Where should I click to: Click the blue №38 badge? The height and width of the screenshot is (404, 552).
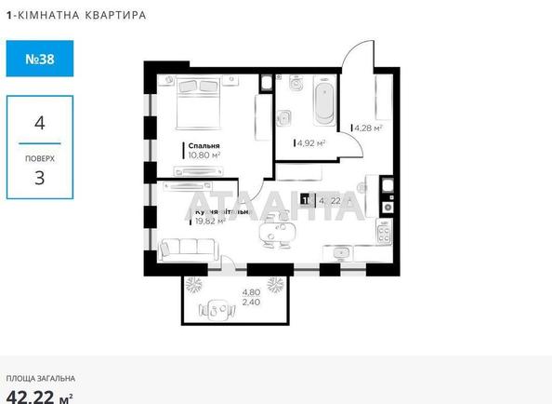pyautogui.click(x=38, y=59)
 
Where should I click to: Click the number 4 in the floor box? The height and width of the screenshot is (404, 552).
pyautogui.click(x=39, y=122)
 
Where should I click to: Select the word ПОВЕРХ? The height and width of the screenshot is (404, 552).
pyautogui.click(x=39, y=158)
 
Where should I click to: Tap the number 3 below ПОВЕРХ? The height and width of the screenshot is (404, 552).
pyautogui.click(x=39, y=178)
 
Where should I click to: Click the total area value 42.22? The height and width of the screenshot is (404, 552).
pyautogui.click(x=30, y=397)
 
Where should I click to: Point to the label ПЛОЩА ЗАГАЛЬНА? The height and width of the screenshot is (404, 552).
pyautogui.click(x=41, y=379)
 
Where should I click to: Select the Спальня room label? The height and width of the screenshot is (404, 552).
pyautogui.click(x=204, y=146)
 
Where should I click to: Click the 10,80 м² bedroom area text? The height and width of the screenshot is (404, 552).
pyautogui.click(x=204, y=156)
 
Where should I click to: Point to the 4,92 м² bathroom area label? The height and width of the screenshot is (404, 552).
pyautogui.click(x=309, y=143)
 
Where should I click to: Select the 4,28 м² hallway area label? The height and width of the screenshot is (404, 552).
pyautogui.click(x=368, y=128)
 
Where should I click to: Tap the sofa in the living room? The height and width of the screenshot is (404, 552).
pyautogui.click(x=189, y=249)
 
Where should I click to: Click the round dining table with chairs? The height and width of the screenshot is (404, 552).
pyautogui.click(x=277, y=230)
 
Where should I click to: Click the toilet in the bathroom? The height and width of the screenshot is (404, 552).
pyautogui.click(x=285, y=119)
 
